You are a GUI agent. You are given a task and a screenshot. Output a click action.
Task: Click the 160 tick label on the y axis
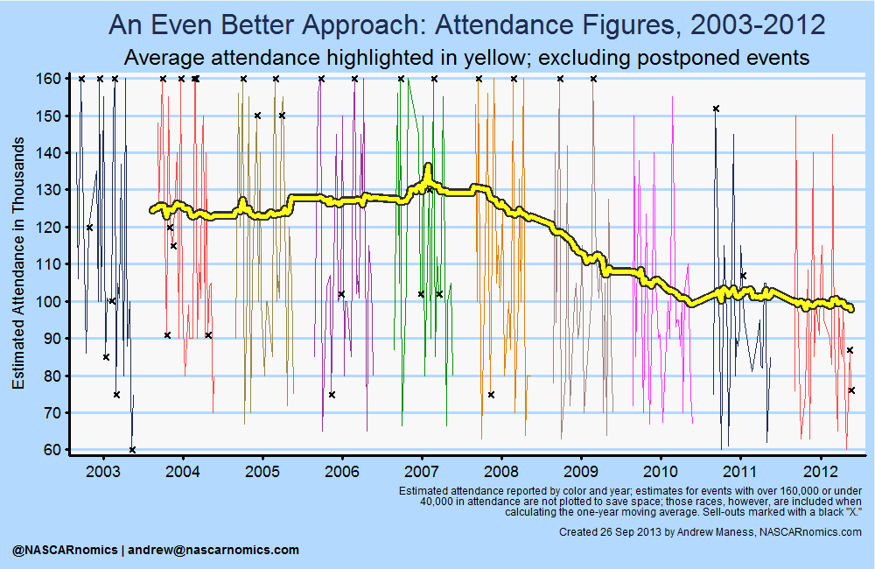click(x=50, y=79)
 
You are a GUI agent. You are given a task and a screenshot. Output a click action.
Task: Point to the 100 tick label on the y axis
click(x=50, y=301)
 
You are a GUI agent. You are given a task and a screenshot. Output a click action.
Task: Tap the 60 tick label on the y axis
click(x=52, y=450)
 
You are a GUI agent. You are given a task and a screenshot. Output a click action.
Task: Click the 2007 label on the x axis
click(x=422, y=471)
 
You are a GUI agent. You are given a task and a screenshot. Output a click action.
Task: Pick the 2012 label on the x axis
click(x=820, y=471)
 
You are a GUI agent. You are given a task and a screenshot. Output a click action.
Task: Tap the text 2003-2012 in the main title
click(x=757, y=25)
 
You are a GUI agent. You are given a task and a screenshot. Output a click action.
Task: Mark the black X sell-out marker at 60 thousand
click(x=132, y=450)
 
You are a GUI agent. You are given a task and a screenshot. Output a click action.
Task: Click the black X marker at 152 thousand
click(x=716, y=109)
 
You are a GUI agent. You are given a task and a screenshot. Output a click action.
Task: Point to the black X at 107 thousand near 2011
click(x=743, y=276)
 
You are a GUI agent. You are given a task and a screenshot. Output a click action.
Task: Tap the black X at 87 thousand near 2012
click(x=850, y=350)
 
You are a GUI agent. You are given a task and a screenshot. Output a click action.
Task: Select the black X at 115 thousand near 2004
click(x=173, y=246)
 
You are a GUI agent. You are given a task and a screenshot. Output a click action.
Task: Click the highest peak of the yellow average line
click(x=428, y=166)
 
